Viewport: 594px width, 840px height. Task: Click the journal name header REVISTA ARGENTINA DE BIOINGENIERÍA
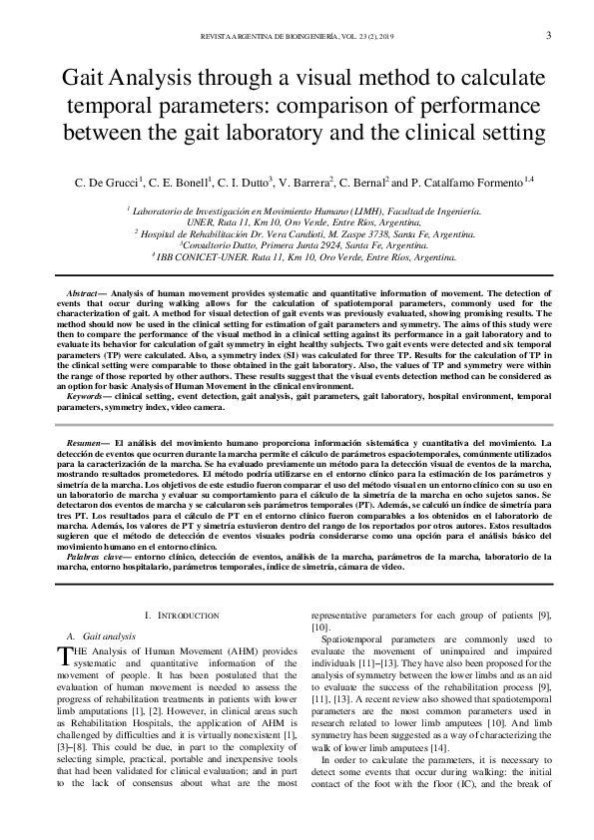pos(269,37)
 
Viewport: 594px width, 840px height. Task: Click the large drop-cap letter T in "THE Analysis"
pos(66,653)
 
